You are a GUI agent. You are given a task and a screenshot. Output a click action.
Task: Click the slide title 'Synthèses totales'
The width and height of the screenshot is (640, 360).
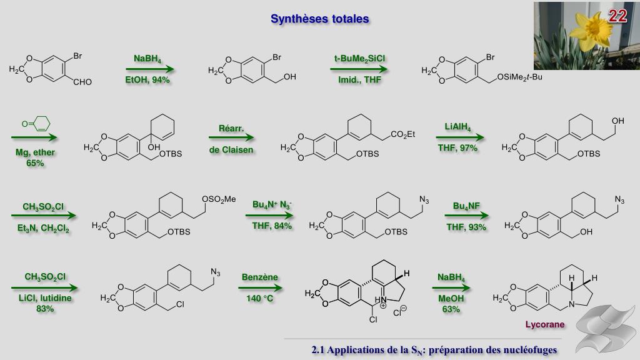(x=319, y=19)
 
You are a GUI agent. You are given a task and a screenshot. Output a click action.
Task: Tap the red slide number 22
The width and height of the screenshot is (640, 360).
(x=617, y=17)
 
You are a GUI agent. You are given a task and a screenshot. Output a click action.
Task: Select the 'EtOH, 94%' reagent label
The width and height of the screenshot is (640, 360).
(x=147, y=80)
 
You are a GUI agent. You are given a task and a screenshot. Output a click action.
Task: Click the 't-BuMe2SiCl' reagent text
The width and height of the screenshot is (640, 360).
(x=359, y=59)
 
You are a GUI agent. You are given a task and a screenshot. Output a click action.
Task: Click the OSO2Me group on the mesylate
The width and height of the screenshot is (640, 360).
(x=218, y=199)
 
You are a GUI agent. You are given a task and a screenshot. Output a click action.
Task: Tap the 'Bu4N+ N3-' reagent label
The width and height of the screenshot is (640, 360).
(x=272, y=204)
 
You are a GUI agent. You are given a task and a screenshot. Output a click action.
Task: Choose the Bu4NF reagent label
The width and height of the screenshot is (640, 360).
(x=466, y=206)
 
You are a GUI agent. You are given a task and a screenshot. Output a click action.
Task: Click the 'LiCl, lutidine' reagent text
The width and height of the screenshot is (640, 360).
(x=45, y=298)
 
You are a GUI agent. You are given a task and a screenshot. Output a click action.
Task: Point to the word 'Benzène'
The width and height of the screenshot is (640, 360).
(x=260, y=277)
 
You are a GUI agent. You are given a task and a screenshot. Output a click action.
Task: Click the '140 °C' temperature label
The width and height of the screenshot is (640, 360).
(x=260, y=298)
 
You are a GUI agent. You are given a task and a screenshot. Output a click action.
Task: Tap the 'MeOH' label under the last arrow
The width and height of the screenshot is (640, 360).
(x=451, y=298)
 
